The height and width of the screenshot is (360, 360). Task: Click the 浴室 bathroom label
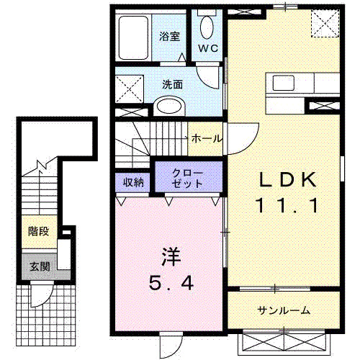(169, 35)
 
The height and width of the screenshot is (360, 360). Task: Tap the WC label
(208, 48)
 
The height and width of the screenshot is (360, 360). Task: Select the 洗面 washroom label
(172, 84)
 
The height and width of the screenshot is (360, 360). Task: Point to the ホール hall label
(207, 138)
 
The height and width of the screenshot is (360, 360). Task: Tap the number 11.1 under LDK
(285, 207)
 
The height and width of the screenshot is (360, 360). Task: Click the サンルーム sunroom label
(284, 310)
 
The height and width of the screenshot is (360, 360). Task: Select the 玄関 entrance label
(38, 266)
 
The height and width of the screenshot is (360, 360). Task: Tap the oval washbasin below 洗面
(170, 107)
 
